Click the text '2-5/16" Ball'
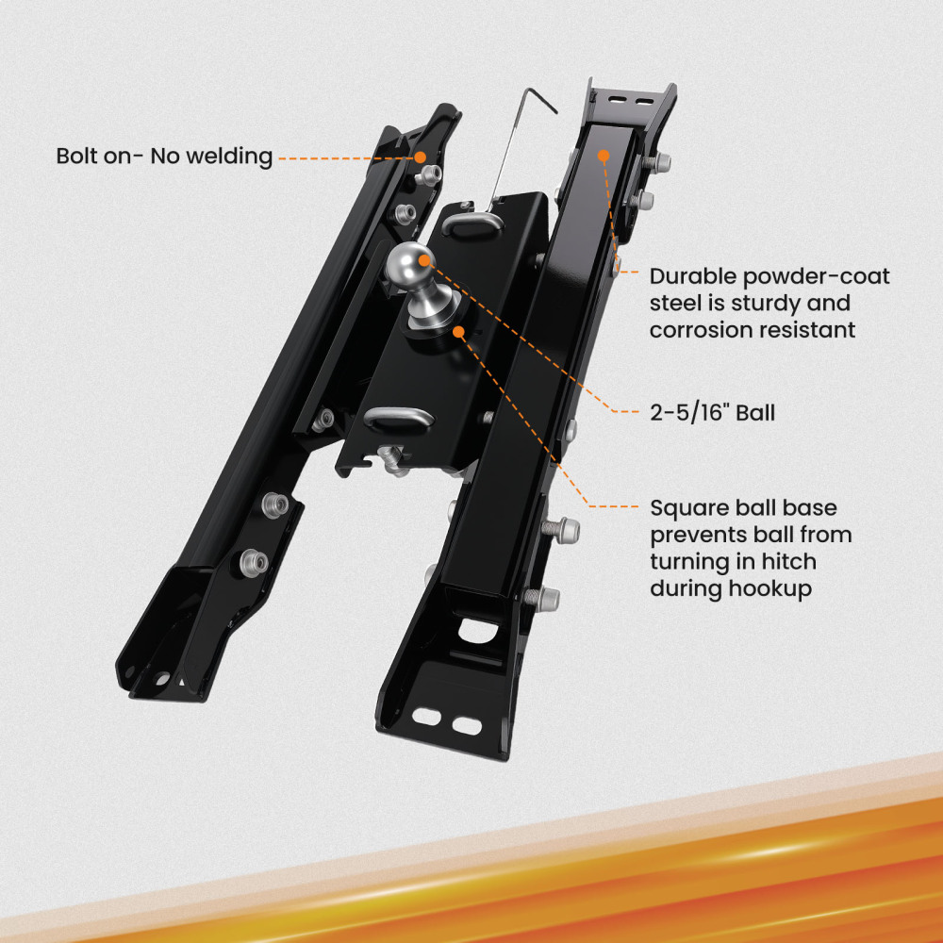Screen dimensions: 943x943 712,412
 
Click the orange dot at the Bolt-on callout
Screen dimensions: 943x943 422,157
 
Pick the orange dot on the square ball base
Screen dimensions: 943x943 459,330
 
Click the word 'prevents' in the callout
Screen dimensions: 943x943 695,535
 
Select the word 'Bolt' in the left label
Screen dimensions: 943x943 79,156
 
